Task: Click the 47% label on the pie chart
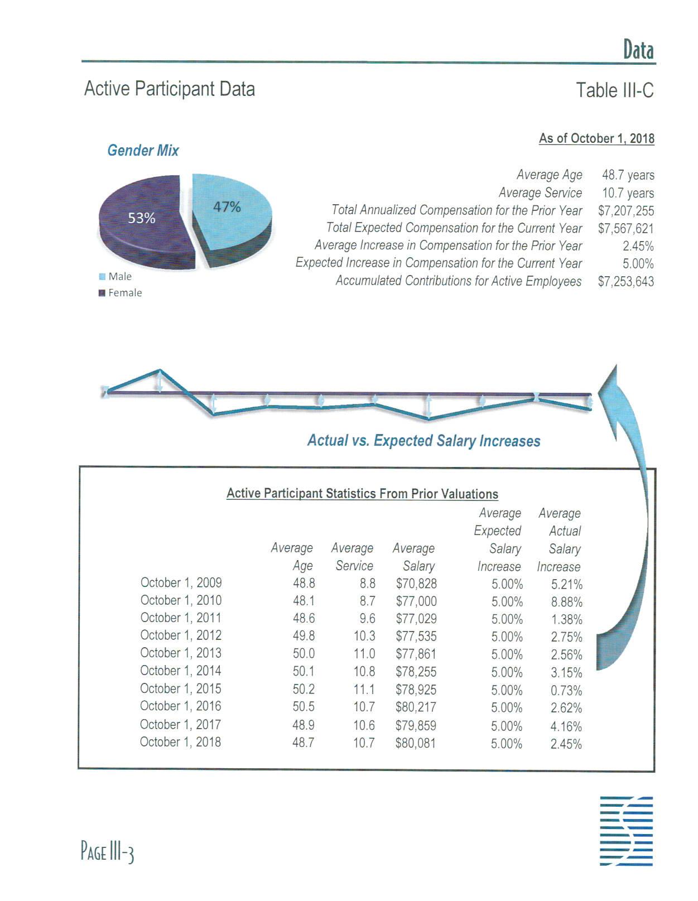pos(227,207)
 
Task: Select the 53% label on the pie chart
pos(142,218)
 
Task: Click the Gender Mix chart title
pos(143,151)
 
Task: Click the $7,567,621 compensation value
pos(625,229)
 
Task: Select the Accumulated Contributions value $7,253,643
pos(625,281)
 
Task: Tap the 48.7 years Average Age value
pos(628,175)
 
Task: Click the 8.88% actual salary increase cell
pos(566,602)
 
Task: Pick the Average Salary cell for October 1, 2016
pos(416,707)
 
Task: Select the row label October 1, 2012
pos(181,635)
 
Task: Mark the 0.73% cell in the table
pos(566,690)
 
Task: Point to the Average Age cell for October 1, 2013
pos(304,654)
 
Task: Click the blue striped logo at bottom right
pos(626,831)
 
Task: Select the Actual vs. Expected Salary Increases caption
pos(423,441)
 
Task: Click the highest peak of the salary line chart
pos(160,370)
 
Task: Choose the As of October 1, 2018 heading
pos(596,138)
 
